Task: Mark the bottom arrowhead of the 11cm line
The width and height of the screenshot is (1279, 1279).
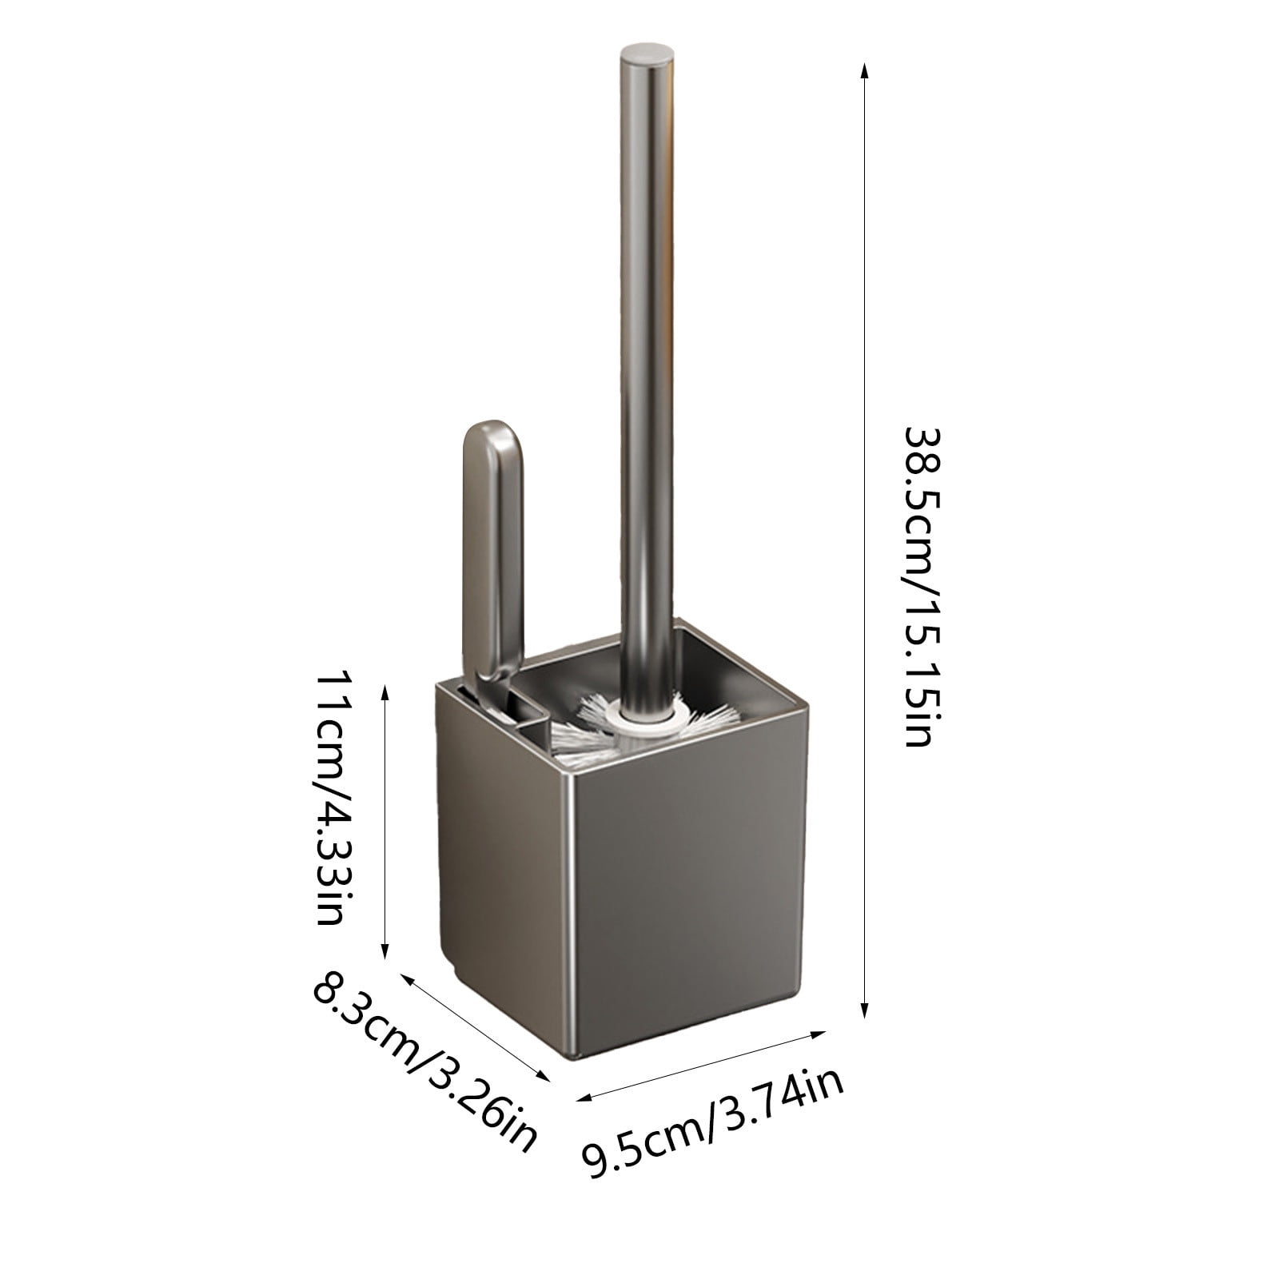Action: click(385, 951)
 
